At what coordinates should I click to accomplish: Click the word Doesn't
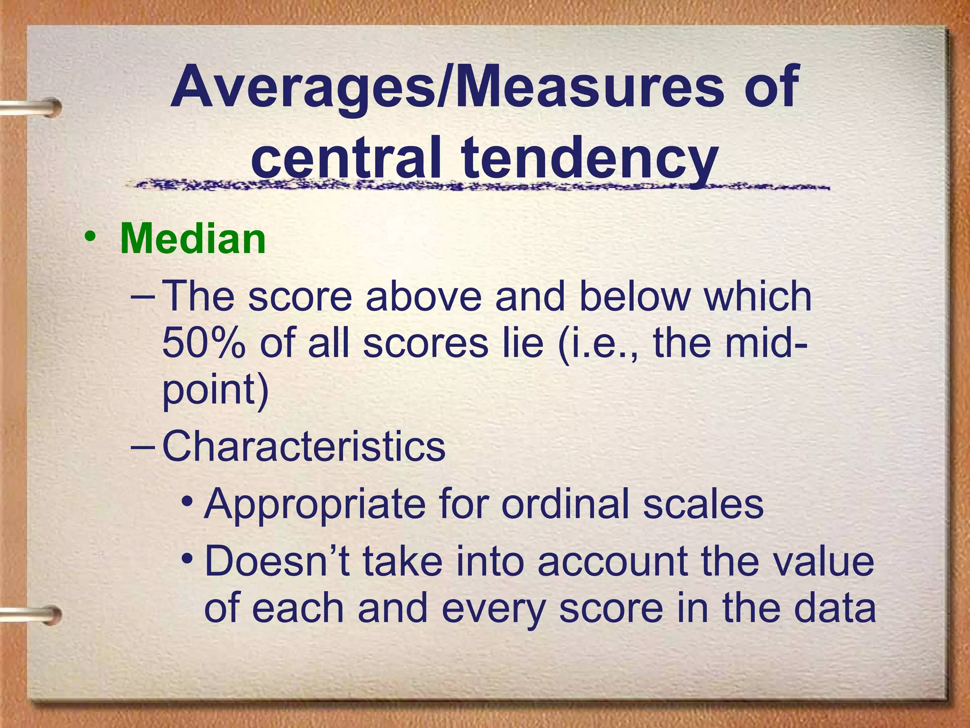coord(277,561)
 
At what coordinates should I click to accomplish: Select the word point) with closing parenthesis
coord(216,391)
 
